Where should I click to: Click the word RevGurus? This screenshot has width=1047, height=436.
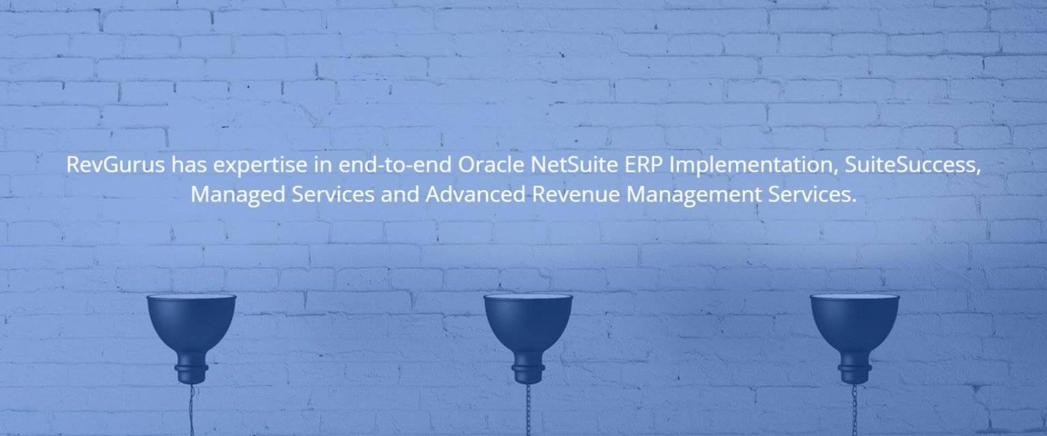point(115,165)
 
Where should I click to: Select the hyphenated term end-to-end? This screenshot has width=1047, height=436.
point(395,165)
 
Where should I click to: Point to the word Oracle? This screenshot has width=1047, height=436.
point(491,165)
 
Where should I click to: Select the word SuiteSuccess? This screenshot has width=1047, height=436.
point(912,166)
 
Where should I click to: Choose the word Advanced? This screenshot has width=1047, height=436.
point(475,194)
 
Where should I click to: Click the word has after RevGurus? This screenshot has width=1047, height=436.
point(189,165)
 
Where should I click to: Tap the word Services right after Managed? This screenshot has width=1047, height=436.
point(333,194)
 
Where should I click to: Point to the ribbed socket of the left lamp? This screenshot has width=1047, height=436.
point(191,373)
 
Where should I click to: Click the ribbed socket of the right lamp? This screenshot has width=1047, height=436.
point(854,373)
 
